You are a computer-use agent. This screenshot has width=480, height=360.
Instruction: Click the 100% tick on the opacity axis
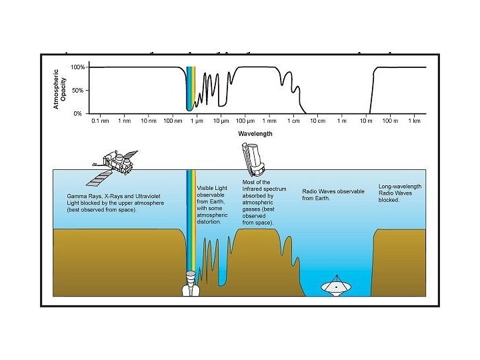79,67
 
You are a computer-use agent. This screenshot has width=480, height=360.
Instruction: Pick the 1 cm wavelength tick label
294,121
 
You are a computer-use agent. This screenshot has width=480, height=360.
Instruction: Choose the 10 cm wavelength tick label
317,121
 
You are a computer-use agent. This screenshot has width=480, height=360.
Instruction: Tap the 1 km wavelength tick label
414,121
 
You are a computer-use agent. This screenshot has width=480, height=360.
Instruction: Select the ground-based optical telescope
189,284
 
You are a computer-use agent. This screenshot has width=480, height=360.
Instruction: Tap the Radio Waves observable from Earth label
333,194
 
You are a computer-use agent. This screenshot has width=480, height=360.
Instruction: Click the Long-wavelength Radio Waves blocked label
400,193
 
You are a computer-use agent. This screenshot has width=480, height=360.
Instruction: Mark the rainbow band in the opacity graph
191,87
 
